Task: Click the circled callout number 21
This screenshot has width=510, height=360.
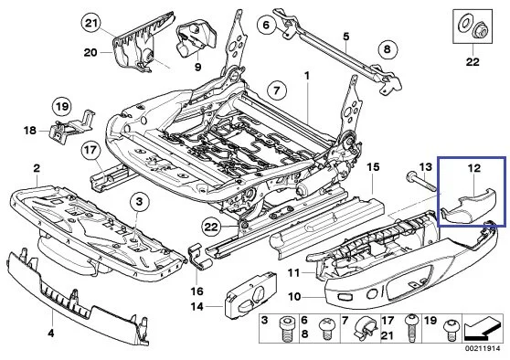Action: click(x=90, y=23)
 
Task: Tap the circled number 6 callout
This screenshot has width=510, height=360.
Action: click(x=266, y=25)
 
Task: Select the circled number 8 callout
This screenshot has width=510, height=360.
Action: click(x=387, y=49)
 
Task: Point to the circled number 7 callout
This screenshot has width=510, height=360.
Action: click(x=277, y=90)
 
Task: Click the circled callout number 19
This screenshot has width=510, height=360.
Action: click(x=62, y=107)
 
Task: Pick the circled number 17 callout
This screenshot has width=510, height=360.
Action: click(x=90, y=150)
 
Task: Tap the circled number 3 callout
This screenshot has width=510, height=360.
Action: click(x=139, y=202)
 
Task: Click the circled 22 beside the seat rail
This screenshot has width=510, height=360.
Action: click(x=210, y=227)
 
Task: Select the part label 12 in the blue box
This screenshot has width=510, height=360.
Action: click(x=474, y=168)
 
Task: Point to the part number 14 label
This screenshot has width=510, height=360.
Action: click(x=197, y=306)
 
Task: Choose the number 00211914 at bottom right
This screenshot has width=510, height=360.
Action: click(x=483, y=349)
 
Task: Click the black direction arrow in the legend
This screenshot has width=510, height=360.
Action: click(x=481, y=329)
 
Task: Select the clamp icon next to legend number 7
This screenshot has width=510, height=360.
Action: click(x=365, y=328)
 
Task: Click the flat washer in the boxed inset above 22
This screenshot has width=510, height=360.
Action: click(x=463, y=24)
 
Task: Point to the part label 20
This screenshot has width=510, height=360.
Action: click(x=90, y=52)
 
